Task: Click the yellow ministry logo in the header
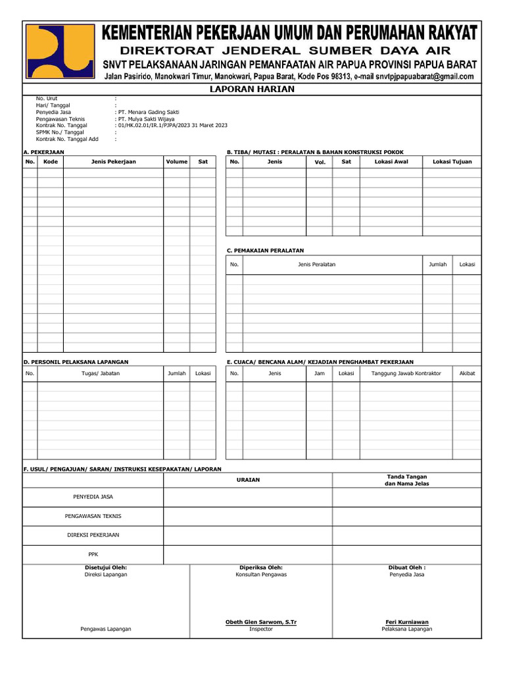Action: tap(60, 51)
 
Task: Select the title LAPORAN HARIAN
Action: tap(252, 90)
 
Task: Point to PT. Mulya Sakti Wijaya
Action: tap(145, 119)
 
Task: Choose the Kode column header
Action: tap(51, 161)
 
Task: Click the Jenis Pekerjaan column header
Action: tap(114, 161)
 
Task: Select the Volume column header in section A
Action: tap(176, 161)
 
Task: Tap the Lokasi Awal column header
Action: tap(391, 161)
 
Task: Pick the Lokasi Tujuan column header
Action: tap(452, 161)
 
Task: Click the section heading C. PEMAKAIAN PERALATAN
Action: tap(265, 250)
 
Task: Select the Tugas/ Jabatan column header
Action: tap(101, 373)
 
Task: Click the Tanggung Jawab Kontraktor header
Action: tap(406, 373)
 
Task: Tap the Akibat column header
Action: tap(467, 373)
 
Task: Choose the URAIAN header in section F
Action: tap(248, 480)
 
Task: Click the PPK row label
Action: tap(93, 554)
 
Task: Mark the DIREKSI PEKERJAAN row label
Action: tap(93, 535)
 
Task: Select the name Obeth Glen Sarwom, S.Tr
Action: tap(260, 622)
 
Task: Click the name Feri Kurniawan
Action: tap(406, 622)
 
